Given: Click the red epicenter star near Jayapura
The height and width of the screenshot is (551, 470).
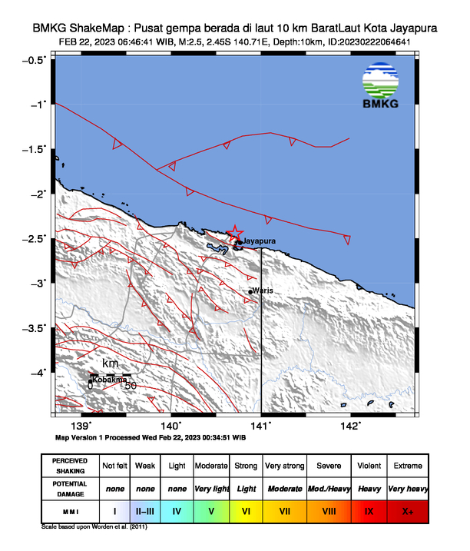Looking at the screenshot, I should coord(235,233).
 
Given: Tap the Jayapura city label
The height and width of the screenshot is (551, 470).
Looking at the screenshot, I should coord(258,241).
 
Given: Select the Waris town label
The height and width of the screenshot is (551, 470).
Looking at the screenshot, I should coord(263,290).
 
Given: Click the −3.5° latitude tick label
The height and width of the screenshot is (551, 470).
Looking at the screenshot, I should coord(35,328).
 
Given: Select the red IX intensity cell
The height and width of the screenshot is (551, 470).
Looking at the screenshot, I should coord(369,510).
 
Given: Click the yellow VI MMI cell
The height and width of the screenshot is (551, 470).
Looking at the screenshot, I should coord(247,510).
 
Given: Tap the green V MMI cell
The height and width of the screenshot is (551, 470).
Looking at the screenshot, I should coord(210,510).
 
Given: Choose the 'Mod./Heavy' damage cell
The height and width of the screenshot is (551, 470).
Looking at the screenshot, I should coord(327,488).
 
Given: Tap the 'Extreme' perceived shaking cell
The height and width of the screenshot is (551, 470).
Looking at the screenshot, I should coord(407,466).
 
